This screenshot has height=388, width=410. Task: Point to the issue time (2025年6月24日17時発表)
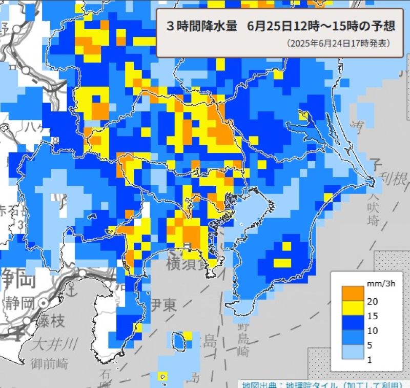pos(338,44)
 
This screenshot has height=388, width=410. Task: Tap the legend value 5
pos(370,346)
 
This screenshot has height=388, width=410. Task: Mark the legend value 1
pos(370,361)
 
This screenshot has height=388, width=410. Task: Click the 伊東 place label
pos(163,305)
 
